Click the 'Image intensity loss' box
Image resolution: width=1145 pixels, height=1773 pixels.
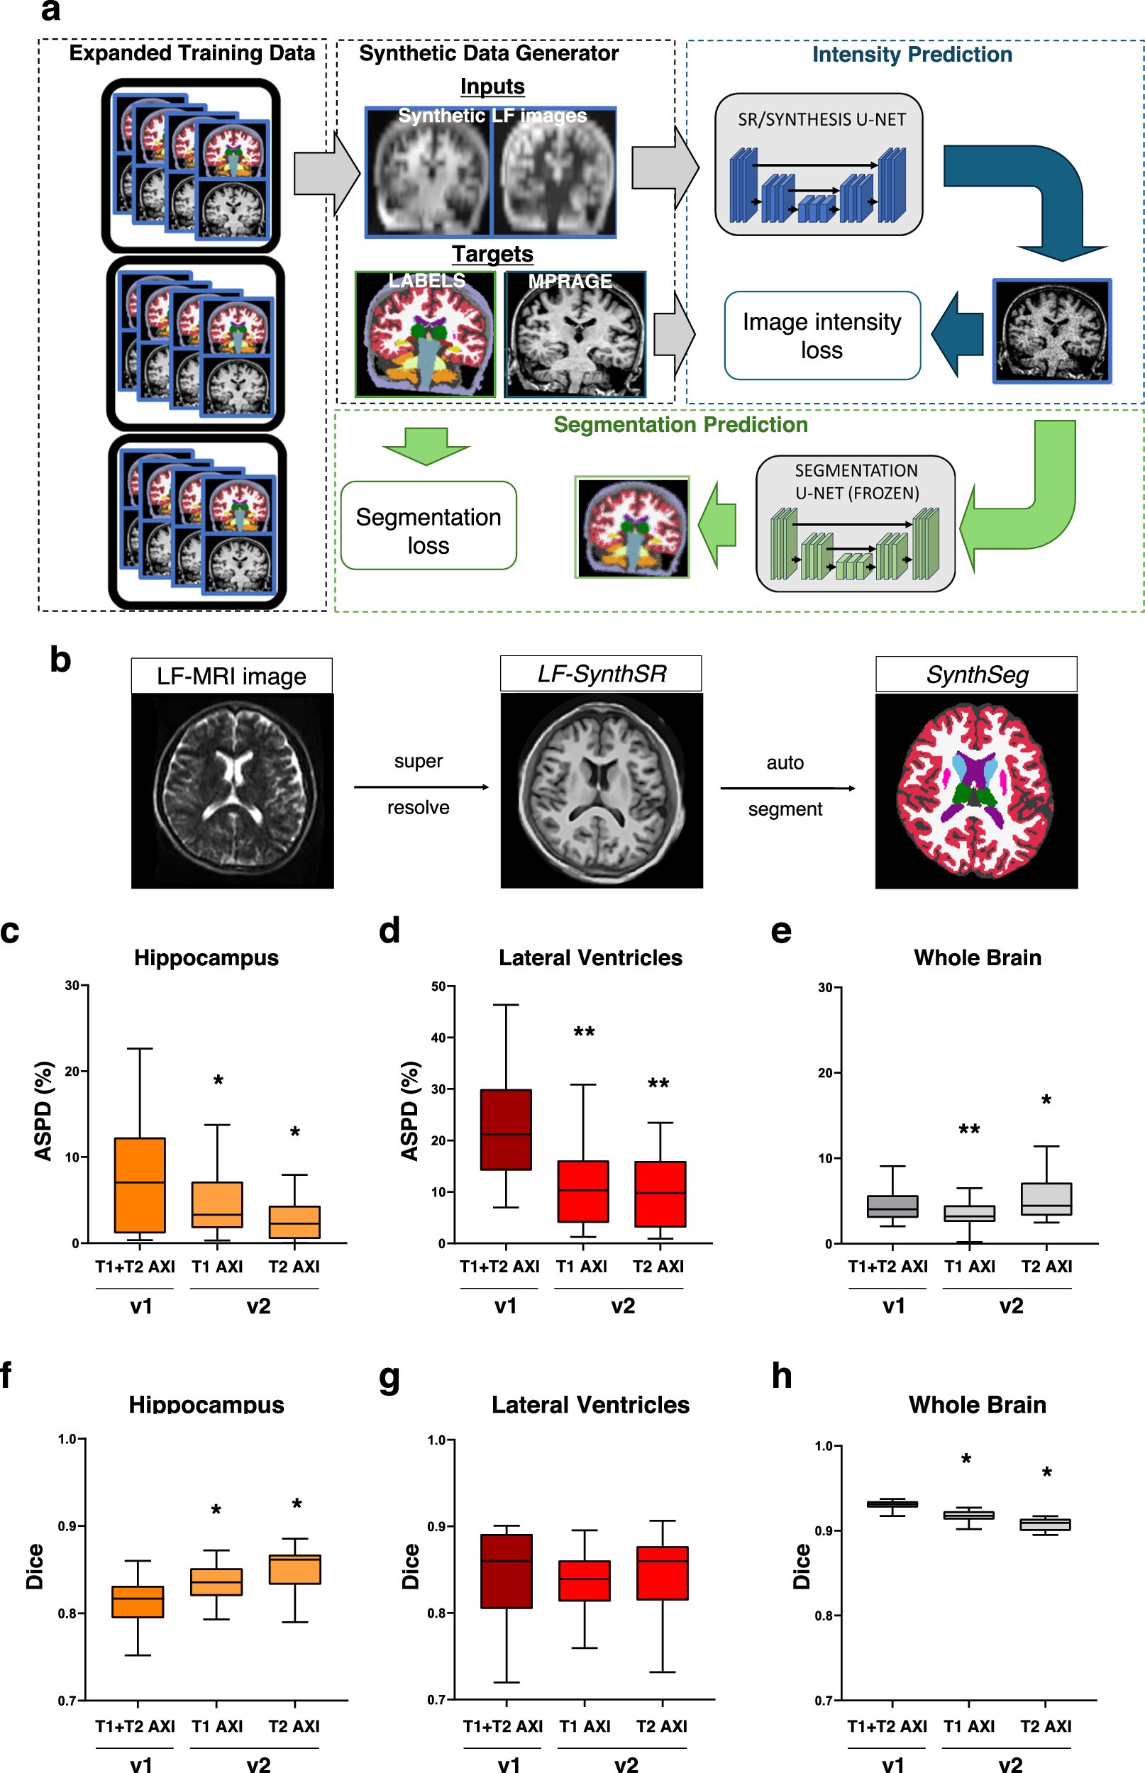(822, 335)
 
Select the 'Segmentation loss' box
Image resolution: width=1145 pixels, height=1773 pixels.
(428, 526)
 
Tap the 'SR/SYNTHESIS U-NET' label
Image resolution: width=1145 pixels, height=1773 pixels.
(821, 120)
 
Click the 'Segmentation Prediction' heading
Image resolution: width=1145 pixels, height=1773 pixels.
(680, 424)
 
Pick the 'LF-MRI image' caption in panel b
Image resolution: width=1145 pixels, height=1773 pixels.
(231, 676)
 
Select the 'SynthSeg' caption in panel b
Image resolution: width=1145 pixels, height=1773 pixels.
(976, 674)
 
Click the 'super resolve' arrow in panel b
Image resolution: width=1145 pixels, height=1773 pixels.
(421, 787)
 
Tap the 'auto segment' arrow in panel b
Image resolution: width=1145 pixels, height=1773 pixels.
(787, 788)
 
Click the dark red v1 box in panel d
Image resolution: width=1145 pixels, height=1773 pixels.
(506, 1130)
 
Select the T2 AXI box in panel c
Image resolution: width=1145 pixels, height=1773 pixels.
(294, 1222)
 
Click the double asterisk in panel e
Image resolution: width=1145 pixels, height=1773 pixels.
(969, 1130)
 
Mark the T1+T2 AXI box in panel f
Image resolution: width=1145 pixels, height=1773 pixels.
(138, 1602)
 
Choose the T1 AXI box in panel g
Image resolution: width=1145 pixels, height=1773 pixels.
(585, 1581)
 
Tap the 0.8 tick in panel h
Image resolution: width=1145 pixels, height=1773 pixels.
(824, 1616)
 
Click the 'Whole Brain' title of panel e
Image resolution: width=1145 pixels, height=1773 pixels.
(977, 958)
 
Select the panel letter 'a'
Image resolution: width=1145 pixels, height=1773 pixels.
(50, 11)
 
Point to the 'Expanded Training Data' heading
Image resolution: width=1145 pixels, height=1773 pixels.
(192, 53)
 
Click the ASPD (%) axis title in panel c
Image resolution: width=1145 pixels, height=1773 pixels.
(43, 1110)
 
